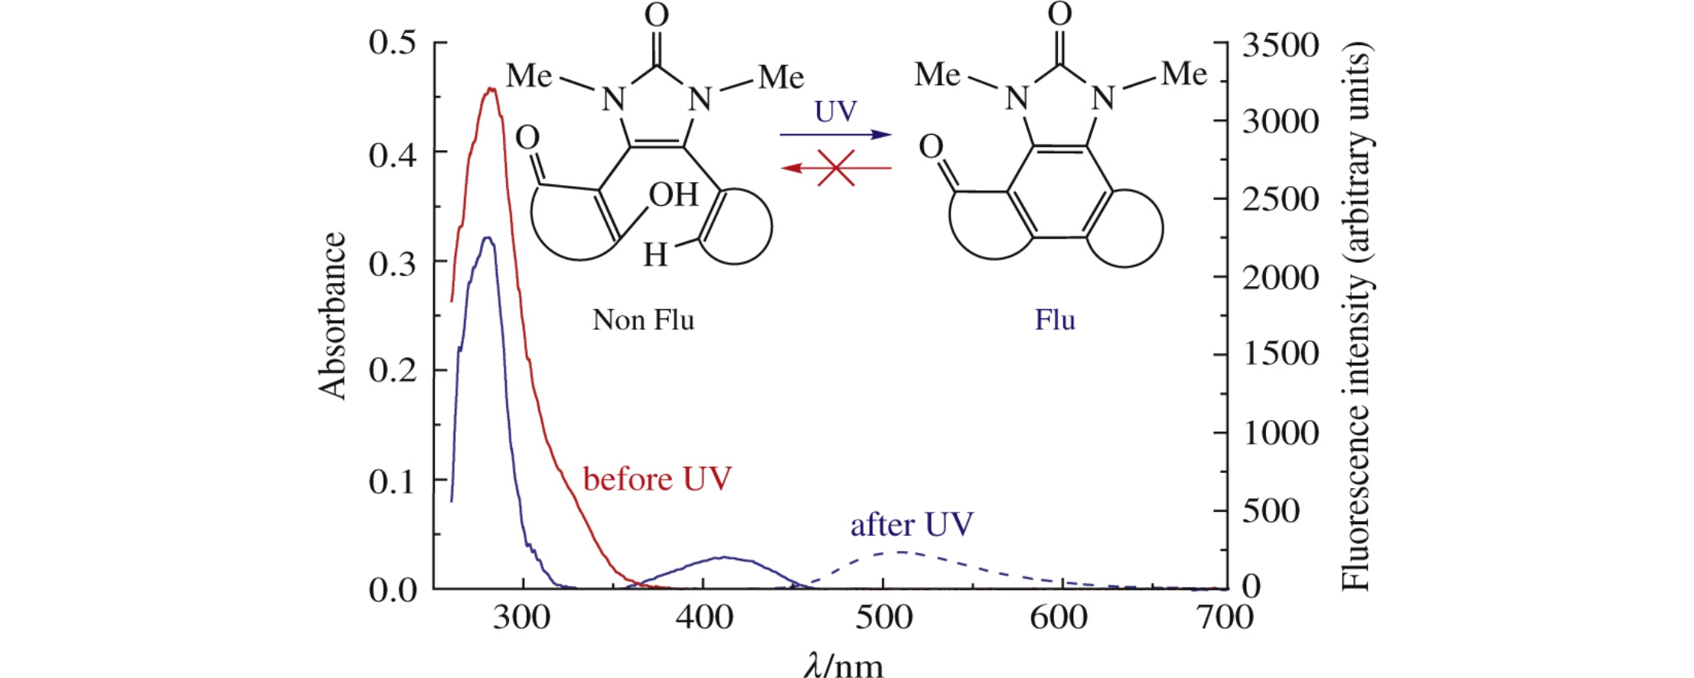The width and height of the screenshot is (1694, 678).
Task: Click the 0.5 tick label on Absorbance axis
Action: pyautogui.click(x=392, y=42)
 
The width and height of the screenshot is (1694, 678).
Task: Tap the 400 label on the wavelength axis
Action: pyautogui.click(x=704, y=617)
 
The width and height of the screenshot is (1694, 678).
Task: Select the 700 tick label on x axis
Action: pyautogui.click(x=1225, y=617)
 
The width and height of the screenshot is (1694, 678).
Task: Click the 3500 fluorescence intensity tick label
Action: pyautogui.click(x=1280, y=46)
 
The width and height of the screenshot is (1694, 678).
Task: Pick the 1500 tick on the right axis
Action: pyautogui.click(x=1280, y=354)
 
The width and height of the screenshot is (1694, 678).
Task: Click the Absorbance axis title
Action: pyautogui.click(x=333, y=315)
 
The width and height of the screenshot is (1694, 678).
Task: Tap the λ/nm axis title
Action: pyautogui.click(x=844, y=664)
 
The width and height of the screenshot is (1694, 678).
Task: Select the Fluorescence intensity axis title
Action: pyautogui.click(x=1356, y=315)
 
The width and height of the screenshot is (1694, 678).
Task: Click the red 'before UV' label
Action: pyautogui.click(x=657, y=480)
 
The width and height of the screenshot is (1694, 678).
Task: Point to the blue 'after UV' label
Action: pyautogui.click(x=911, y=525)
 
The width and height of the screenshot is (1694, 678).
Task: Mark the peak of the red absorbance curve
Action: pyautogui.click(x=491, y=89)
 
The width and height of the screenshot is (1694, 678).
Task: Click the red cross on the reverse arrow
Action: pyautogui.click(x=836, y=168)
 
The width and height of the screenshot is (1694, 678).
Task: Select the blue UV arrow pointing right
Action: pyautogui.click(x=836, y=135)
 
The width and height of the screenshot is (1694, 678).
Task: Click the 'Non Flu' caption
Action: pyautogui.click(x=643, y=320)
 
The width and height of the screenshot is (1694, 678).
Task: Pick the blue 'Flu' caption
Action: pyautogui.click(x=1055, y=320)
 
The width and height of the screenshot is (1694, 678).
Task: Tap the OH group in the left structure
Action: pyautogui.click(x=674, y=195)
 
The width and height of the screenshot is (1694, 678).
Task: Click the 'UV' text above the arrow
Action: pyautogui.click(x=835, y=112)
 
